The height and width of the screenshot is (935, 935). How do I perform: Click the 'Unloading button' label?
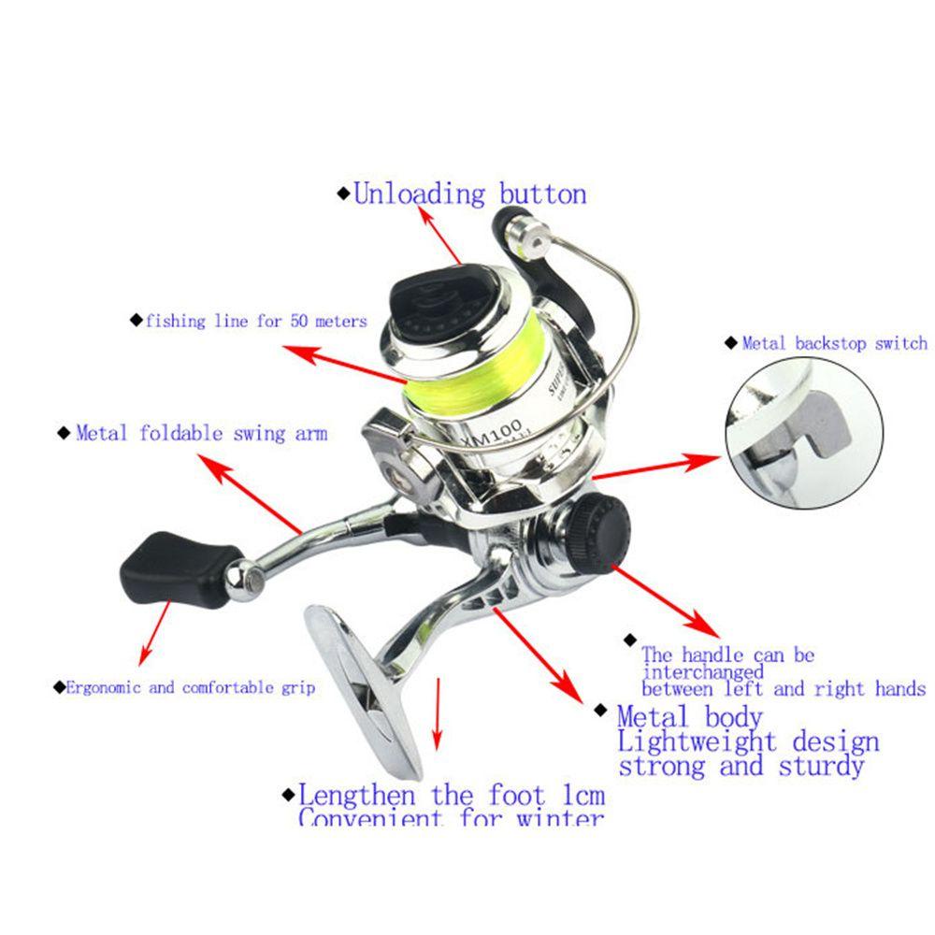click(469, 194)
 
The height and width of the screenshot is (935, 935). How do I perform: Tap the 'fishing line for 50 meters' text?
click(255, 321)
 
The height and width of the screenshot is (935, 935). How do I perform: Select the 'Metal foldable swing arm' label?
click(201, 433)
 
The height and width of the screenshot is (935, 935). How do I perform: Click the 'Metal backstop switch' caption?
click(834, 343)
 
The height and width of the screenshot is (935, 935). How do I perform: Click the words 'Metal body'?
click(689, 718)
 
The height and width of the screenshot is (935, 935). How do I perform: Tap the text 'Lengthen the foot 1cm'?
click(452, 796)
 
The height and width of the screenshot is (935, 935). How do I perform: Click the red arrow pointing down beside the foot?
click(436, 715)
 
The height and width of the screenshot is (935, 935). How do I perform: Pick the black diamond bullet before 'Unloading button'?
click(342, 195)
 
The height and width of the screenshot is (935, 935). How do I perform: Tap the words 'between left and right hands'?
click(784, 689)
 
